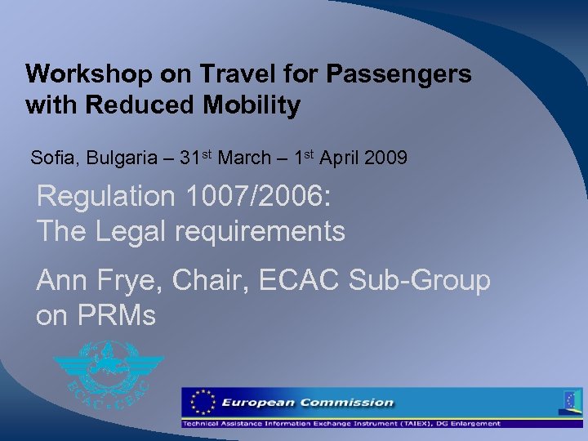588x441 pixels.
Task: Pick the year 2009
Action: click(385, 158)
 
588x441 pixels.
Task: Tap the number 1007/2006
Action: click(270, 197)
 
